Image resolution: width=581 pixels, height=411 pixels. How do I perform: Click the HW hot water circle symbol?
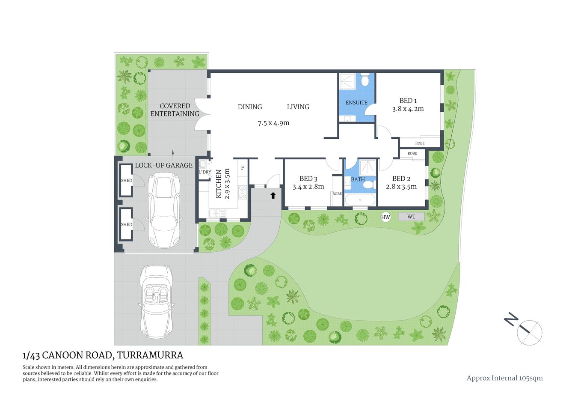(385, 217)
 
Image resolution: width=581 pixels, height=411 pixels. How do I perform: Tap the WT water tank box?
(411, 217)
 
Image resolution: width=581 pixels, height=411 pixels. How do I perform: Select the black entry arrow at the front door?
(273, 196)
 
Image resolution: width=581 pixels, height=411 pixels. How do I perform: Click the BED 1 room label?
(408, 101)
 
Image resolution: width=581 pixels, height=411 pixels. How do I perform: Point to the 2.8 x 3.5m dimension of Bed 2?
(401, 187)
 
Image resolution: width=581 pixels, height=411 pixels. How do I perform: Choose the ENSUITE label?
(356, 103)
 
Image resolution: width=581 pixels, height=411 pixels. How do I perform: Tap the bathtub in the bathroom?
(360, 200)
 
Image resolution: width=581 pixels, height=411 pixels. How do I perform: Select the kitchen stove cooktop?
(243, 192)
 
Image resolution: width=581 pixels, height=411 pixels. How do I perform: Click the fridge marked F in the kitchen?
(243, 167)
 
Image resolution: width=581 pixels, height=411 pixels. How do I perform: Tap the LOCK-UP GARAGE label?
(164, 165)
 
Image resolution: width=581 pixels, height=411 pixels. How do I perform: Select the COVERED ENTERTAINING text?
(175, 110)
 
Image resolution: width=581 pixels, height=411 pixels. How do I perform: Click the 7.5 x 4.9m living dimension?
(273, 123)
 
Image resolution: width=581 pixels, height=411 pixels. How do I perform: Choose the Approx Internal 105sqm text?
(504, 378)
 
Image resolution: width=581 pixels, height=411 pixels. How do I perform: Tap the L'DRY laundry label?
(205, 172)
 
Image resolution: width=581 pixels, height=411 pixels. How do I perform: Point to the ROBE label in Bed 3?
(337, 194)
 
